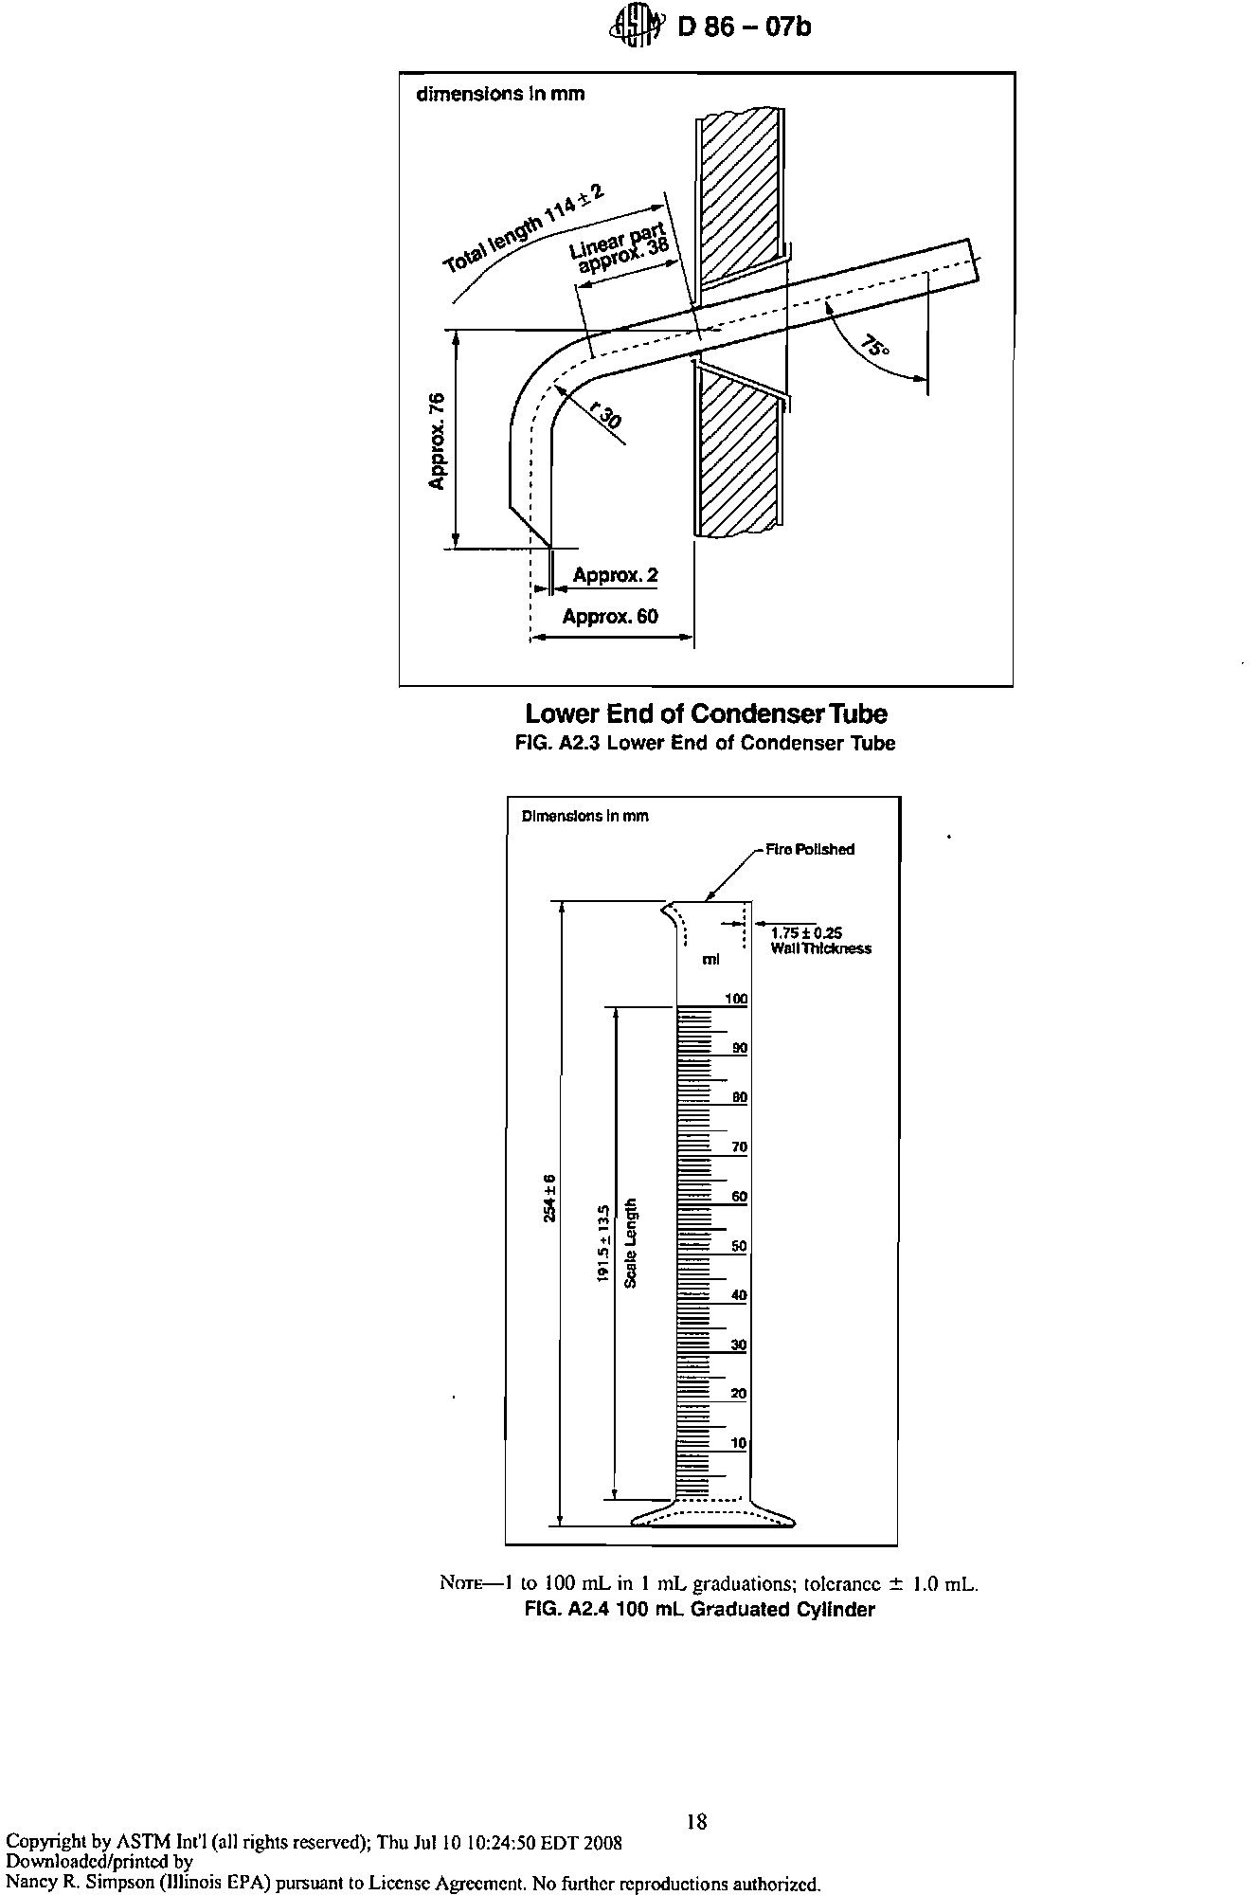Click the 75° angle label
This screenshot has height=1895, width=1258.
coord(877,346)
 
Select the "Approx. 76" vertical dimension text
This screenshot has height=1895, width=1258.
coord(436,440)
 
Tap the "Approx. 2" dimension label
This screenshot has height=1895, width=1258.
coord(615,575)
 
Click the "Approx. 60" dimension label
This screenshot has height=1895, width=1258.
coord(610,617)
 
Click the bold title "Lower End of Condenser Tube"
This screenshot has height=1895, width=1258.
coord(706,713)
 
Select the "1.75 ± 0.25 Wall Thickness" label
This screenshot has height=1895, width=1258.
coord(820,940)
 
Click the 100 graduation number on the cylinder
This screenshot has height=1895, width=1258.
coord(736,999)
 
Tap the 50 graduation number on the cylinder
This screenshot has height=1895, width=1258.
coord(740,1246)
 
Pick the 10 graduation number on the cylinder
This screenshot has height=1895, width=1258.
coord(740,1443)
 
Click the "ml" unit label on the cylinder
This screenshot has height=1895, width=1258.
coord(710,960)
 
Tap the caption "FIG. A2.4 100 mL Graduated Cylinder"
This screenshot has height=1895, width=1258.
coord(700,1610)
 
